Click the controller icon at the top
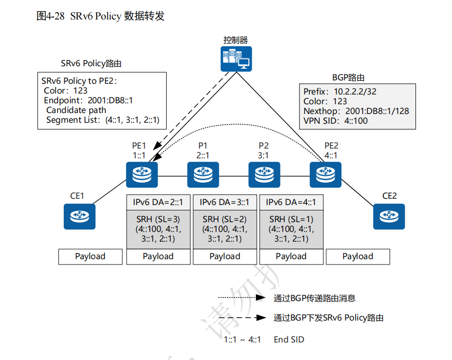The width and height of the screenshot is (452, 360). point(236,59)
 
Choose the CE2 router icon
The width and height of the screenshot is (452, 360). point(389,216)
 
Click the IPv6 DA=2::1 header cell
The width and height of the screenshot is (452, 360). point(158,202)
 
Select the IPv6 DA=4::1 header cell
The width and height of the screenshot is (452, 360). point(291,202)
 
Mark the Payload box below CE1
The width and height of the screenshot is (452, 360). point(90,256)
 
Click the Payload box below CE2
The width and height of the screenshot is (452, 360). point(358,256)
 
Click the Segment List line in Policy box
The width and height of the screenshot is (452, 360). point(103,120)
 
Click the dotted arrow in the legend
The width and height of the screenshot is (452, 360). point(241,298)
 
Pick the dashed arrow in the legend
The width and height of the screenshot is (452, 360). point(241,318)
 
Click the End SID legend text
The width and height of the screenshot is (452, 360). point(289,340)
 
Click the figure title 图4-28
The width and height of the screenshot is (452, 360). point(52,16)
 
